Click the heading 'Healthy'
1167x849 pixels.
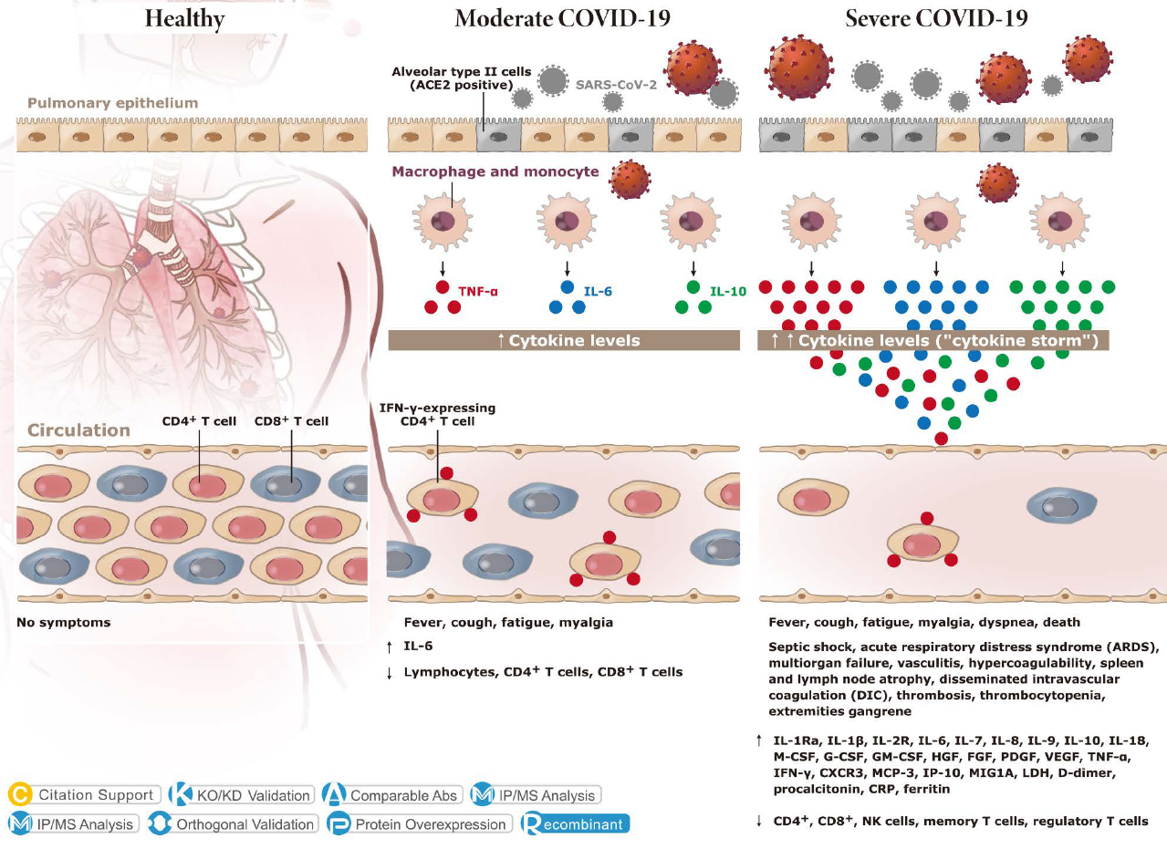[184, 18]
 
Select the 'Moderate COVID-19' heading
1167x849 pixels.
[558, 18]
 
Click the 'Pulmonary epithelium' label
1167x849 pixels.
[112, 103]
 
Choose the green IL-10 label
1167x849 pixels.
[728, 294]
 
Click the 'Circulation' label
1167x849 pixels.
[78, 430]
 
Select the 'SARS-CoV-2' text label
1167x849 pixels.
[616, 86]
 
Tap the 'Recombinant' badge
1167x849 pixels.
[576, 824]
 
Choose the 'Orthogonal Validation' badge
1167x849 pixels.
[233, 824]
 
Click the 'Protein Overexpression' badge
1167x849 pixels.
[420, 824]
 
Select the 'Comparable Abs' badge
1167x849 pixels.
[391, 795]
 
